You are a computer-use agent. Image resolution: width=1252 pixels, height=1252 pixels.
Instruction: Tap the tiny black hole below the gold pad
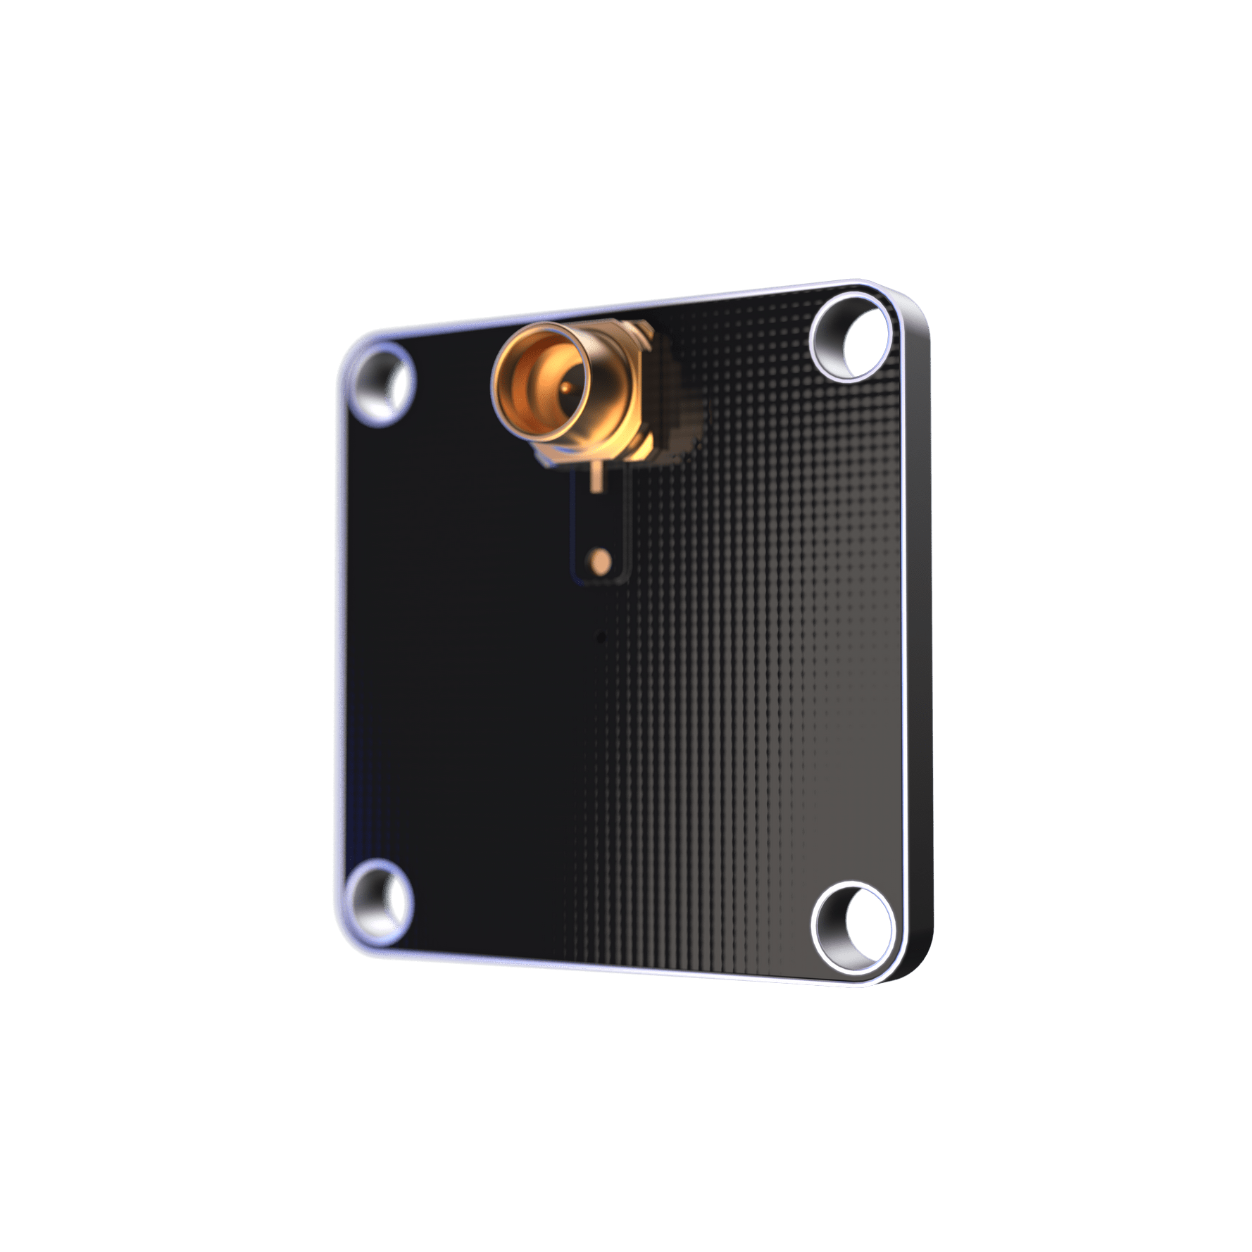[x=600, y=639]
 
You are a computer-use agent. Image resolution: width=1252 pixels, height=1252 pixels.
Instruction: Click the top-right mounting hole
[x=853, y=340]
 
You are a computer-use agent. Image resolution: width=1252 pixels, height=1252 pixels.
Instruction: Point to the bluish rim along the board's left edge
[x=340, y=634]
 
